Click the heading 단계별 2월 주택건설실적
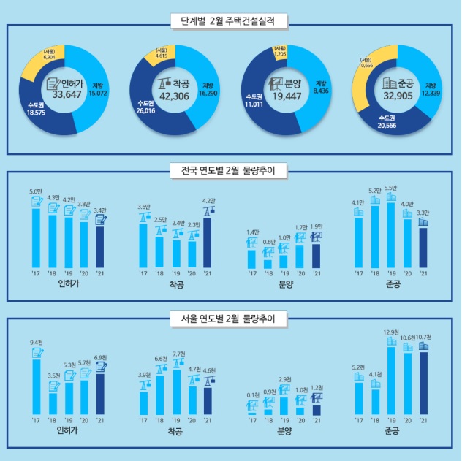pos(230,20)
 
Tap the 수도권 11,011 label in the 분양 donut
pos(254,102)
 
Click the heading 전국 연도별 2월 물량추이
pos(230,172)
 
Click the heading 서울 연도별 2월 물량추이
pos(230,319)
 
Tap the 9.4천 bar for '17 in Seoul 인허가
pos(36,386)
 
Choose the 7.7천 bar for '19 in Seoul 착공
pos(175,392)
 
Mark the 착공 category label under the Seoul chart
pos(175,431)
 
